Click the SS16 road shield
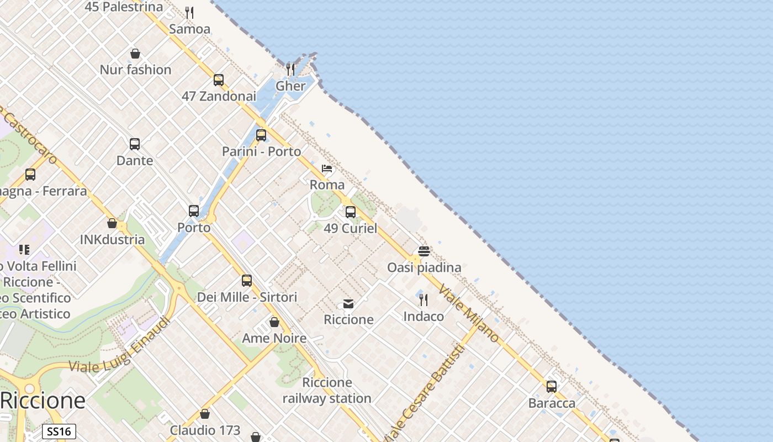pyautogui.click(x=59, y=432)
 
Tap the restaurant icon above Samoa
pyautogui.click(x=189, y=12)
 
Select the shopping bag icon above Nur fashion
pyautogui.click(x=135, y=54)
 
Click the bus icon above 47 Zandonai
pyautogui.click(x=219, y=80)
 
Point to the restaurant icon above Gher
pyautogui.click(x=290, y=70)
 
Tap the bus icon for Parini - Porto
pyautogui.click(x=261, y=135)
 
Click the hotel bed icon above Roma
pyautogui.click(x=327, y=169)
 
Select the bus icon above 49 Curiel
pyautogui.click(x=351, y=212)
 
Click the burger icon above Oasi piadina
pyautogui.click(x=424, y=251)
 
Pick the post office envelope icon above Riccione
pyautogui.click(x=348, y=303)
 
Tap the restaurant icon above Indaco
pyautogui.click(x=423, y=300)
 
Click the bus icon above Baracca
pyautogui.click(x=552, y=387)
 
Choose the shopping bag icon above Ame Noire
pyautogui.click(x=274, y=322)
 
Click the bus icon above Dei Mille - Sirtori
pyautogui.click(x=247, y=281)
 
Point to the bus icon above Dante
pyautogui.click(x=135, y=144)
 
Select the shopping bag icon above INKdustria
pyautogui.click(x=112, y=223)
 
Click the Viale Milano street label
pyautogui.click(x=469, y=313)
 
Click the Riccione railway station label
pyautogui.click(x=327, y=390)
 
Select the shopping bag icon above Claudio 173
pyautogui.click(x=205, y=414)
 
